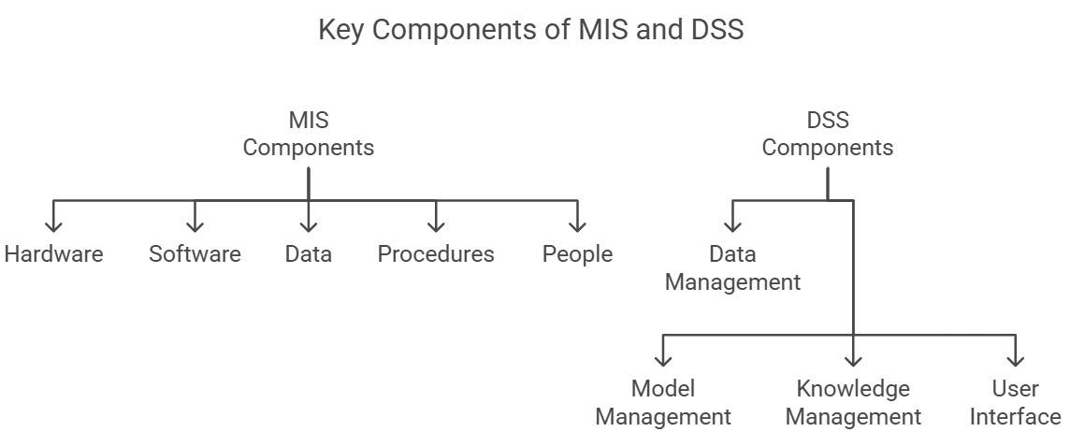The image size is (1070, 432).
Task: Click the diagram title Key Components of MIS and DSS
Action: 530,30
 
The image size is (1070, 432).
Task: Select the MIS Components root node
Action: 309,134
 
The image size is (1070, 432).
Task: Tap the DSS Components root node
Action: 827,134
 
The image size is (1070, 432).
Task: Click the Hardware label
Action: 53,254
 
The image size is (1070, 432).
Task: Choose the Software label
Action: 195,254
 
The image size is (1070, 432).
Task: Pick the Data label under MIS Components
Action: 309,254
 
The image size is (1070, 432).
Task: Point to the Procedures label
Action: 436,254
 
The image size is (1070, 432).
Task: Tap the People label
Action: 577,254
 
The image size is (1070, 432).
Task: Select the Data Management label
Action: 732,268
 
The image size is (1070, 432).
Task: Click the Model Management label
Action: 663,402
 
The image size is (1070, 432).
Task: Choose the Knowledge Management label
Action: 853,402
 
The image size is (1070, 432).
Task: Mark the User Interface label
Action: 1015,402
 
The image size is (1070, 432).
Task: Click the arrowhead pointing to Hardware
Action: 53,225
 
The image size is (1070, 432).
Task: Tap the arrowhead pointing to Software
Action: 195,225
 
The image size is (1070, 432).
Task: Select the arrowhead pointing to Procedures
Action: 436,225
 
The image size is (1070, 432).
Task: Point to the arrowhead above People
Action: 577,225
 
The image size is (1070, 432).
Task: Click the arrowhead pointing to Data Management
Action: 732,225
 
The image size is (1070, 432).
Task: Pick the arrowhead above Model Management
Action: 663,360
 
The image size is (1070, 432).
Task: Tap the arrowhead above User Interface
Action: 1015,360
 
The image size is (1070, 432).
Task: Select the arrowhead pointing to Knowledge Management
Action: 853,360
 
